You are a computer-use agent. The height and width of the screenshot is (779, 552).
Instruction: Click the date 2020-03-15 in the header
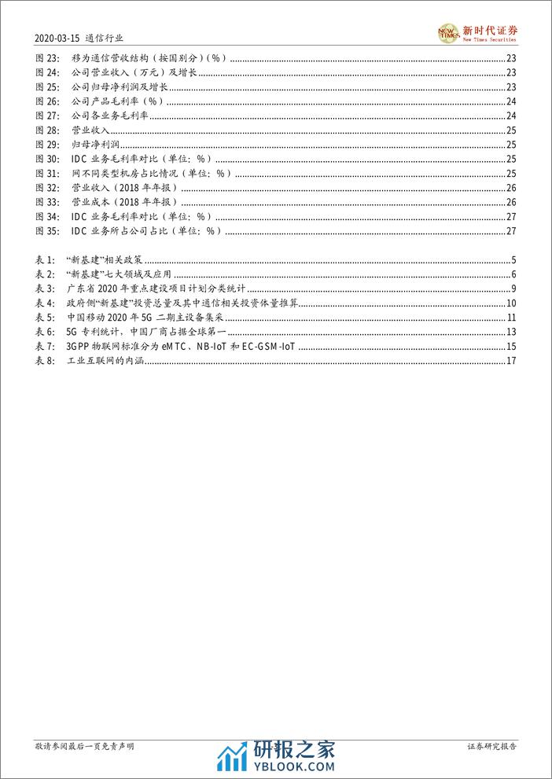point(57,36)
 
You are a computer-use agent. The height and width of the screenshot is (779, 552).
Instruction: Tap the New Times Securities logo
point(478,32)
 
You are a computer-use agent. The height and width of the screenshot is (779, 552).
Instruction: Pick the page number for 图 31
point(510,173)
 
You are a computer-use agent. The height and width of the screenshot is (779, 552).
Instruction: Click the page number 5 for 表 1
point(513,260)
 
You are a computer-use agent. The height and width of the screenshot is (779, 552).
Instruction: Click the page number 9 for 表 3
point(513,289)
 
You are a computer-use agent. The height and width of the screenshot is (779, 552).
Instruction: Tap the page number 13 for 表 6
point(510,332)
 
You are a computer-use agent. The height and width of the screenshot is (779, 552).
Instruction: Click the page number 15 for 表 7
point(510,346)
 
